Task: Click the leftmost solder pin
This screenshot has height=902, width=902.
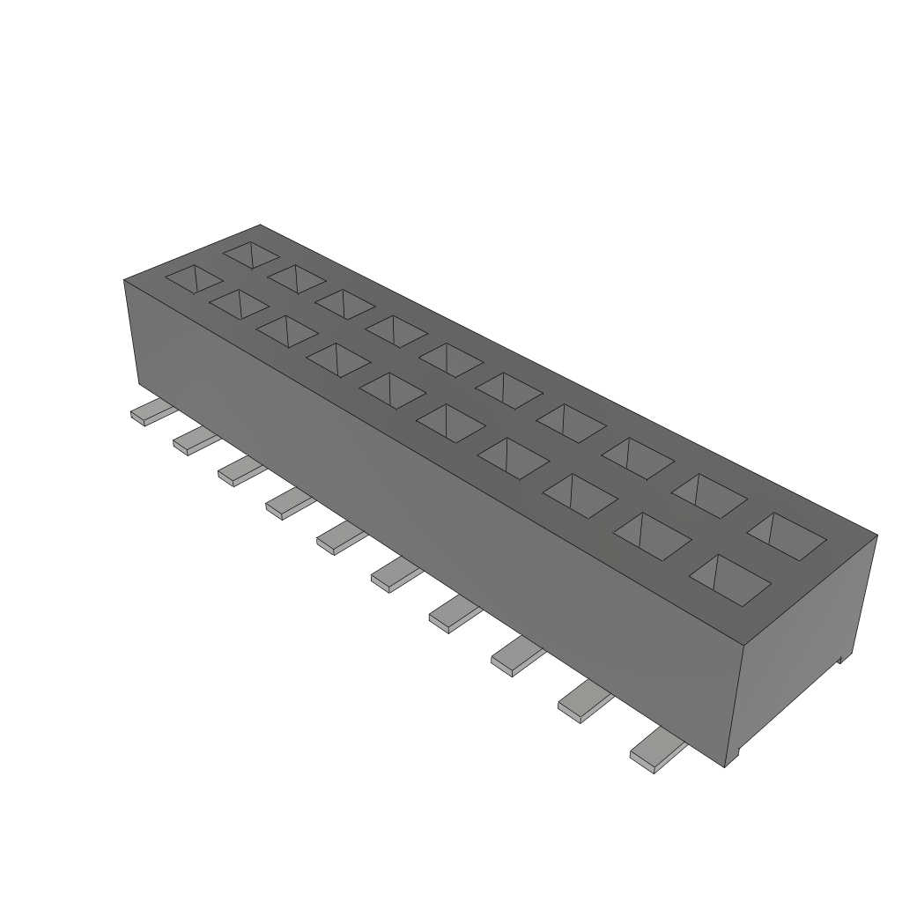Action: pos(150,413)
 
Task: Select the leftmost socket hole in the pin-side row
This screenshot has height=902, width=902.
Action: pos(195,278)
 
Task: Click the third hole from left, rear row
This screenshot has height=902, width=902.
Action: pos(344,302)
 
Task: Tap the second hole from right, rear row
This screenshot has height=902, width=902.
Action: pos(711,495)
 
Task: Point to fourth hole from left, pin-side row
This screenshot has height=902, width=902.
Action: pos(338,359)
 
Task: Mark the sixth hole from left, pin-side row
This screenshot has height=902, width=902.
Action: pos(450,422)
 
